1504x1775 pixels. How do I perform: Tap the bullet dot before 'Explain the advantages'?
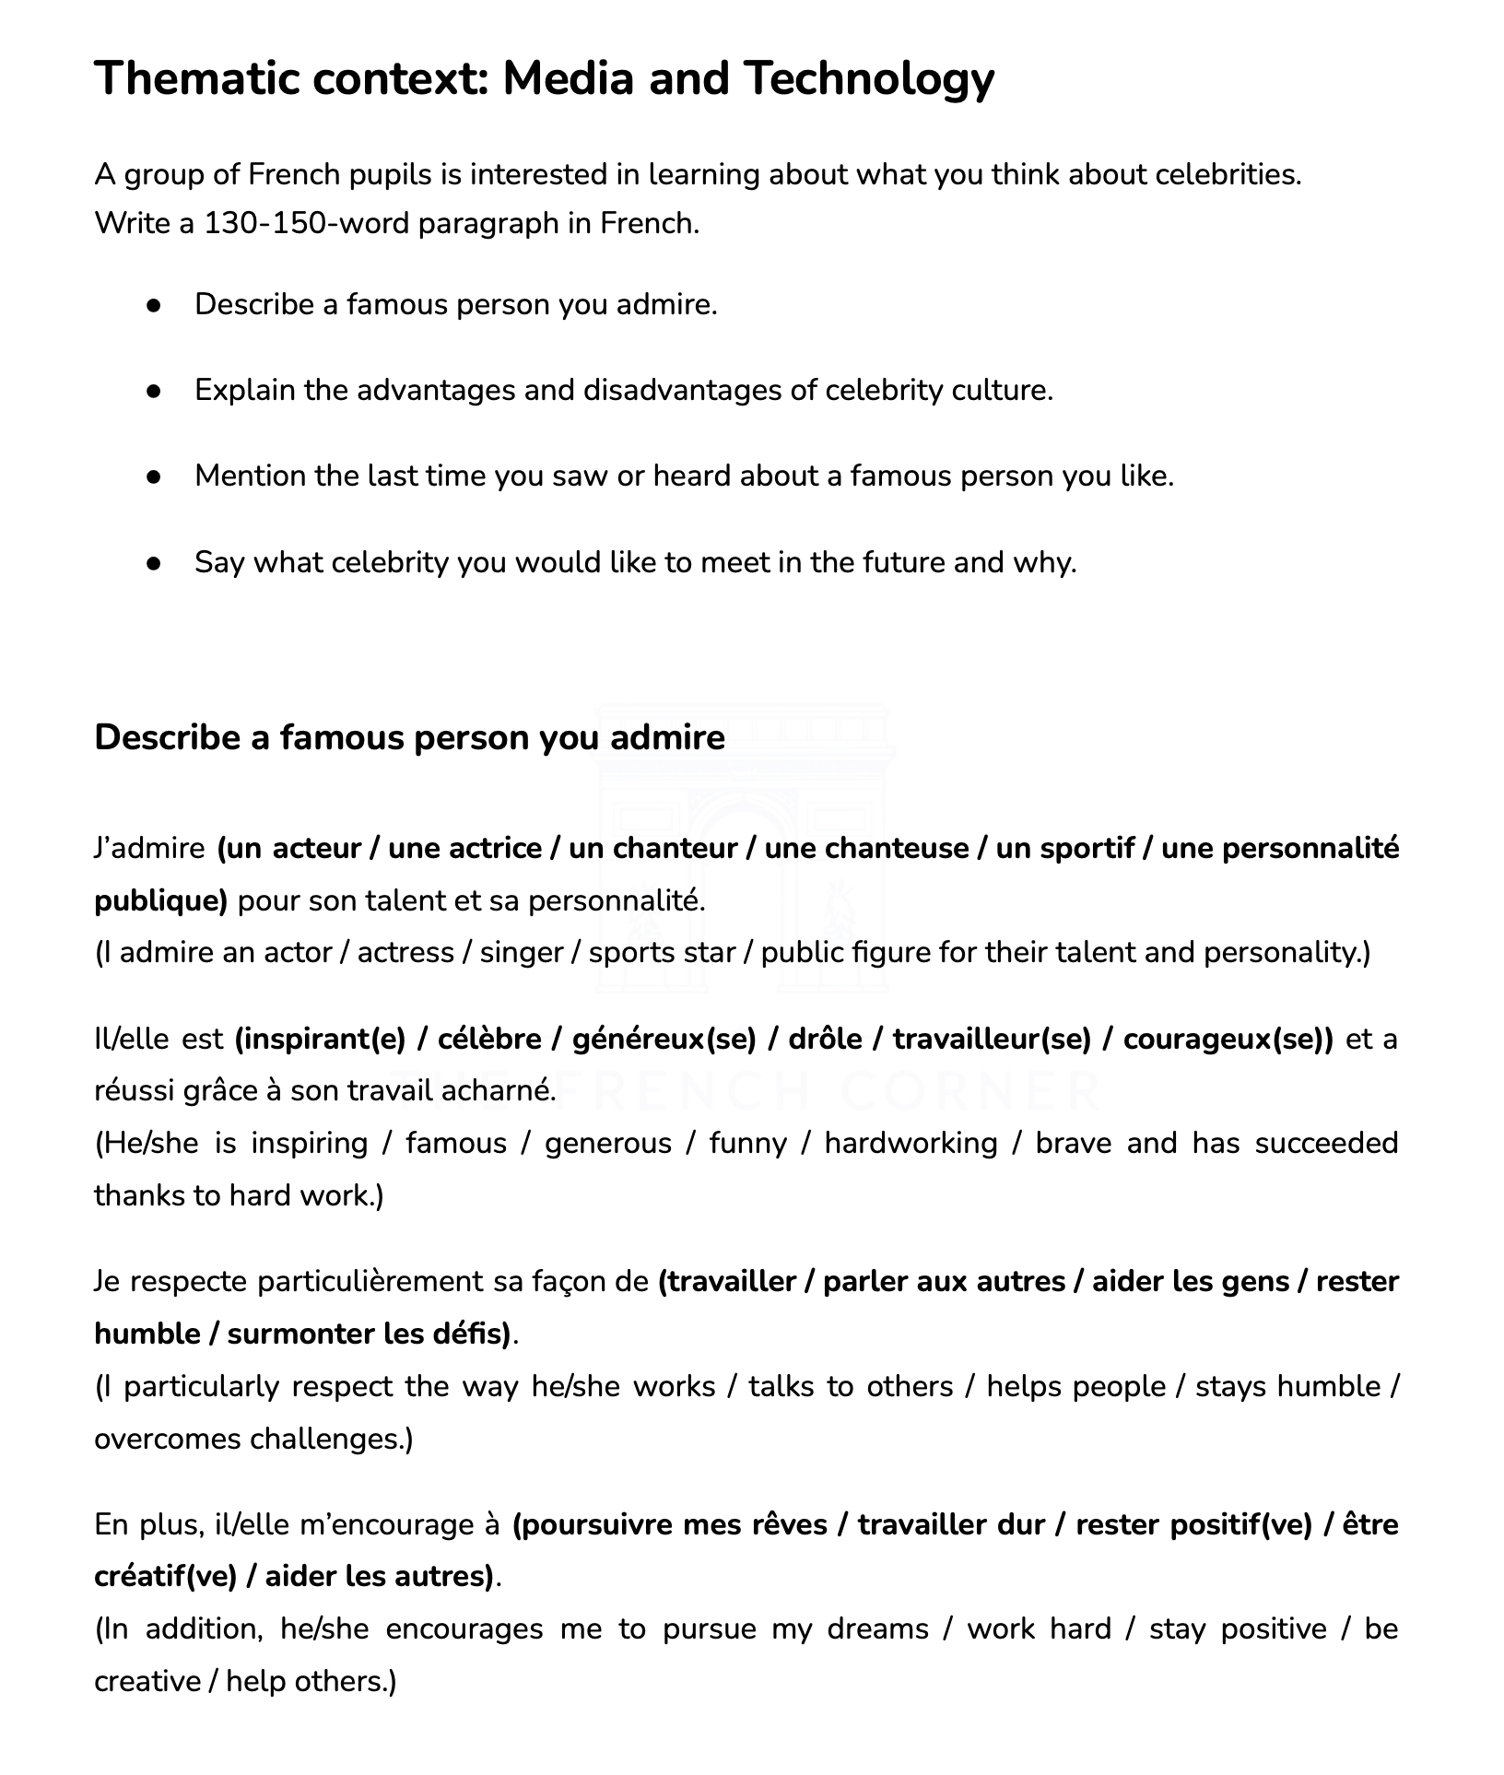point(154,391)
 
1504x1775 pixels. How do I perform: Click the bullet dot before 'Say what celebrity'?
point(154,562)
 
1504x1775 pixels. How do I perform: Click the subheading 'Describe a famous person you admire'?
point(409,738)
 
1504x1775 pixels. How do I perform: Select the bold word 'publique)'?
point(160,900)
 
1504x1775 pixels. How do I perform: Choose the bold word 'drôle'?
point(825,1040)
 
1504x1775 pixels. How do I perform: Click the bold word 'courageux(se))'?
point(1228,1040)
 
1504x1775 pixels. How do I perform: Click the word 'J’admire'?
point(149,849)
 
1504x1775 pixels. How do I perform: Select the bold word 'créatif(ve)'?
point(165,1577)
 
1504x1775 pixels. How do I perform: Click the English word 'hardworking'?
point(911,1144)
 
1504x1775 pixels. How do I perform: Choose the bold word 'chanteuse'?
point(866,849)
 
